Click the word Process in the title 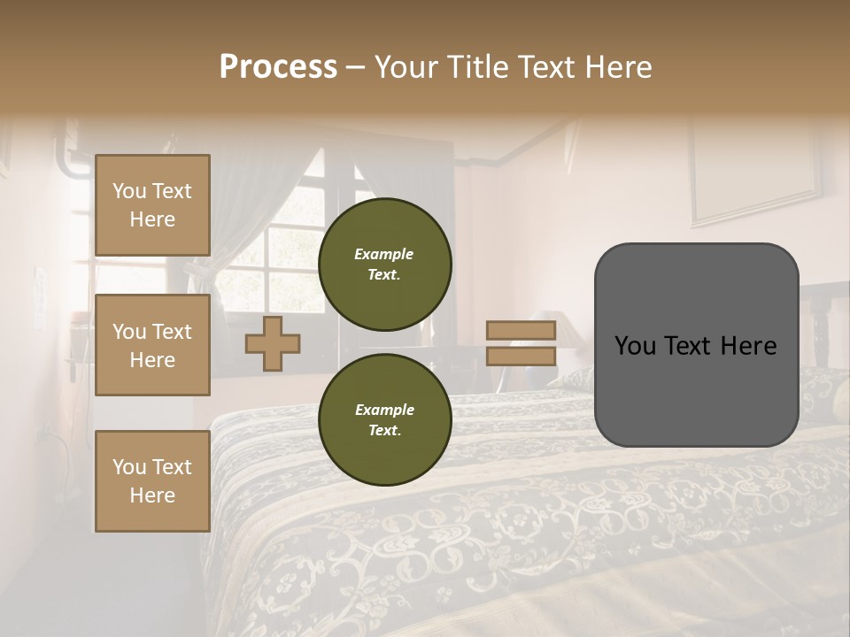pos(278,67)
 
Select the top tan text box pos(152,205)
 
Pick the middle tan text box pos(152,345)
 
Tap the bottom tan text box pos(152,481)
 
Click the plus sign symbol pos(273,343)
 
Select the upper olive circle pos(384,265)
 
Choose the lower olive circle pos(384,420)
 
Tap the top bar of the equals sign pos(521,331)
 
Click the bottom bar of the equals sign pos(521,357)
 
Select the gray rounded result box pos(696,389)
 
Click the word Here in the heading pos(619,67)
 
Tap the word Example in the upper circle pos(384,255)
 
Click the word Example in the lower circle pos(384,411)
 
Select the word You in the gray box pos(635,346)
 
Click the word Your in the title pos(405,67)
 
